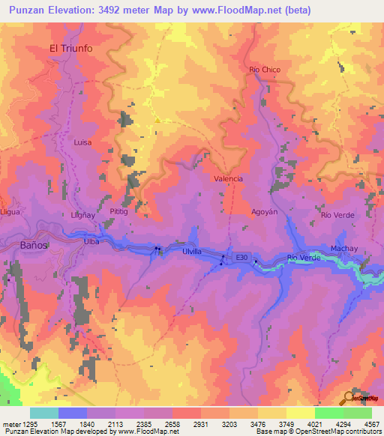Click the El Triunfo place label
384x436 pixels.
click(70, 48)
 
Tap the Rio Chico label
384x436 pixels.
click(265, 70)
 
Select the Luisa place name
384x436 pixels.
click(82, 141)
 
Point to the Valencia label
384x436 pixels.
click(228, 179)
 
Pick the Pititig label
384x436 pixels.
click(120, 212)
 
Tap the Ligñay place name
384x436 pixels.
click(81, 215)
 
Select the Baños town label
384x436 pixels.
click(34, 245)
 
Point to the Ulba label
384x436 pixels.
click(91, 242)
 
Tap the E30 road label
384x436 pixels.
click(241, 257)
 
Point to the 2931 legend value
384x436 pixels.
click(201, 423)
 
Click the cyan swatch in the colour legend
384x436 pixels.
click(44, 413)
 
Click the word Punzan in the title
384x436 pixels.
click(25, 9)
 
